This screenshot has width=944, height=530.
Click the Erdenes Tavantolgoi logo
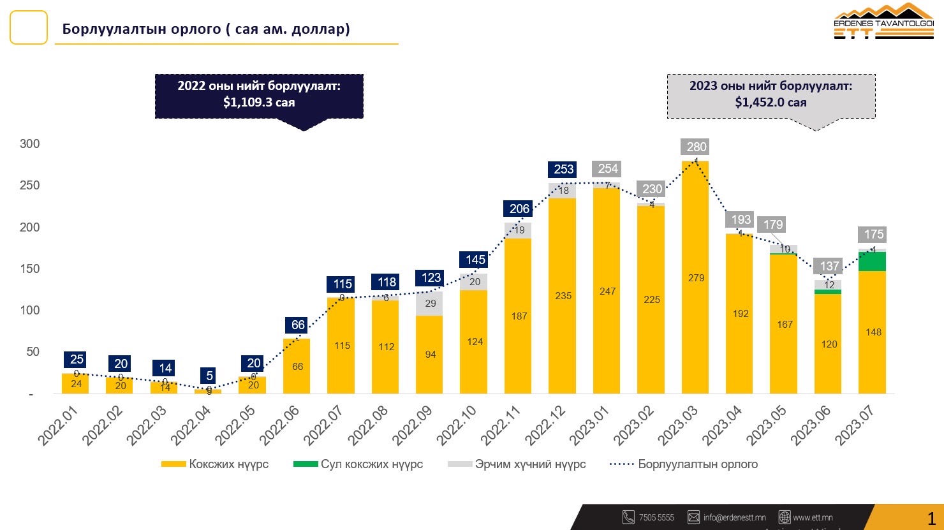pos(883,22)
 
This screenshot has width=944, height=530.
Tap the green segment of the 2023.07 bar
pos(873,261)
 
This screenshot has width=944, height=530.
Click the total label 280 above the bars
pos(697,147)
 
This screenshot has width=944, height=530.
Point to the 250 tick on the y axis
pos(29,186)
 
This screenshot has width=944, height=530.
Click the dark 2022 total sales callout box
pos(259,96)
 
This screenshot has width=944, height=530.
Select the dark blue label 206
pos(520,209)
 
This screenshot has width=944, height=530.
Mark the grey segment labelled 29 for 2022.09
pos(431,304)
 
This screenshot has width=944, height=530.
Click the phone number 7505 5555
pos(656,518)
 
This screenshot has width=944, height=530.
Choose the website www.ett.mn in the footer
pos(813,518)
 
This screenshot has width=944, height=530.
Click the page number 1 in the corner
pos(932,517)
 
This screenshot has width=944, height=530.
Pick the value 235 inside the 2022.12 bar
pos(563,296)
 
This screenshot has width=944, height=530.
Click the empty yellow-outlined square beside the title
pos(29,27)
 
